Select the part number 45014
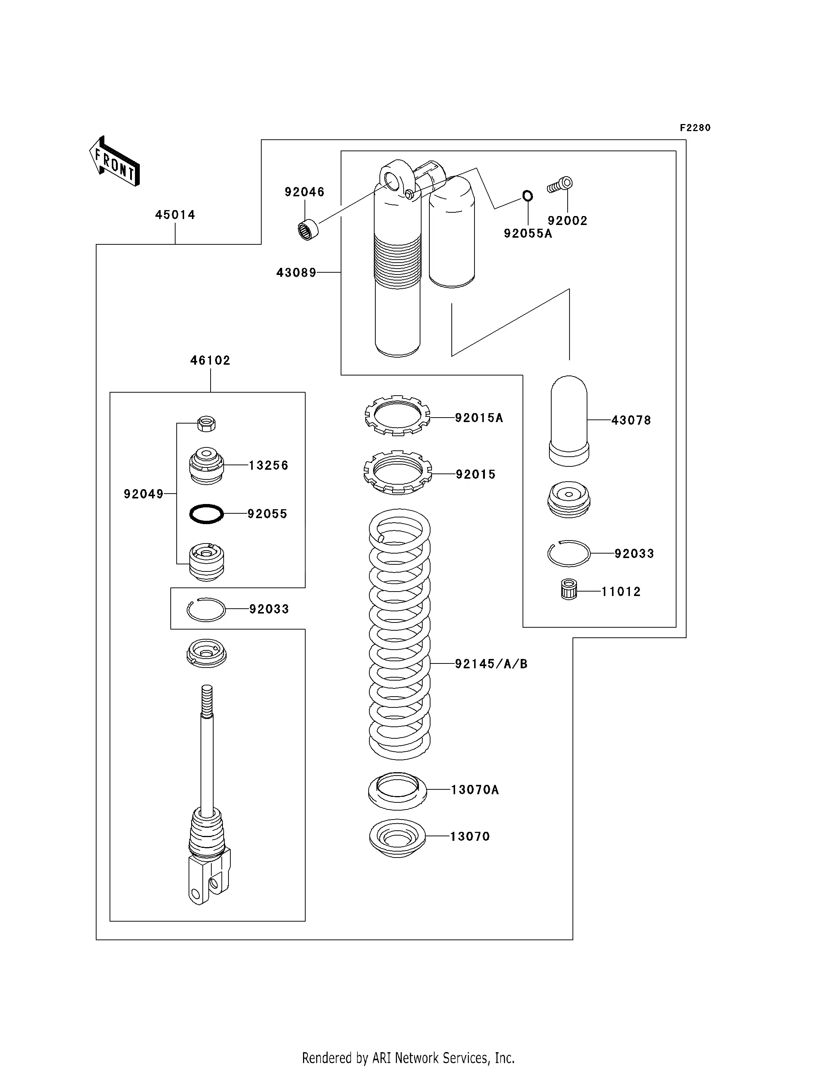click(175, 215)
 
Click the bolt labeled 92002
click(560, 185)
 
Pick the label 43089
click(296, 273)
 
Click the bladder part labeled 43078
click(568, 421)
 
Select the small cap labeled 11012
click(568, 590)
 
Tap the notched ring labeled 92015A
click(397, 416)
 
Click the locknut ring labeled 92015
click(398, 472)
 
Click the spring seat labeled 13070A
click(397, 791)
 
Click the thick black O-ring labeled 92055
click(206, 514)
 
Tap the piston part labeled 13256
click(206, 466)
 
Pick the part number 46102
click(210, 361)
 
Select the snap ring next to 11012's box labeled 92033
click(568, 553)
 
